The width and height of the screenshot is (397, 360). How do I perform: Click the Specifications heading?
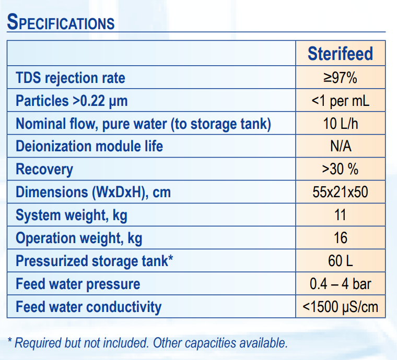(x=61, y=22)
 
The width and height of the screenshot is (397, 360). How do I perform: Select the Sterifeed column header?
(x=340, y=54)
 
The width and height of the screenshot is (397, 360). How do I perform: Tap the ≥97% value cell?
(x=340, y=78)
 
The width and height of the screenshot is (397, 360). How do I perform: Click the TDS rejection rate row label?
(x=71, y=78)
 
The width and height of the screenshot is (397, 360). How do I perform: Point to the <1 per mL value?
(x=340, y=101)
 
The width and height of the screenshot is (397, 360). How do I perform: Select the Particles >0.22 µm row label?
(x=72, y=101)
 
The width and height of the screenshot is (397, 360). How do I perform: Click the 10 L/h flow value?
(x=340, y=124)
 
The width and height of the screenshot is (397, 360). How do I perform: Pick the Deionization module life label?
(x=89, y=146)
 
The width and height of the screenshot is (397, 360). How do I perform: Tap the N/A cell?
(x=340, y=146)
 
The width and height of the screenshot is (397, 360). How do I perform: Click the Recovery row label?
(x=44, y=169)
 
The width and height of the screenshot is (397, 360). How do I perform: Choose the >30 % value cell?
(x=340, y=169)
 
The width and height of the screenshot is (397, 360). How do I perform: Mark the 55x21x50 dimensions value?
(x=340, y=192)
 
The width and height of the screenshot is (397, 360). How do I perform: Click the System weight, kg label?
(x=72, y=215)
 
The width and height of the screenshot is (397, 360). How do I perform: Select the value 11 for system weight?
(x=340, y=215)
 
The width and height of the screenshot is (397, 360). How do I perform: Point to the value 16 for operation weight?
(x=340, y=238)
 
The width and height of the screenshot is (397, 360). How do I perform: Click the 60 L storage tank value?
(x=340, y=261)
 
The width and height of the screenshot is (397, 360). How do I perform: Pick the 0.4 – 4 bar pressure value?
(x=340, y=284)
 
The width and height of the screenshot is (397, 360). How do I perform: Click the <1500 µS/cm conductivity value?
(x=340, y=307)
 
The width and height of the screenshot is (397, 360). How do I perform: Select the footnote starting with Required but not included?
(x=147, y=343)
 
